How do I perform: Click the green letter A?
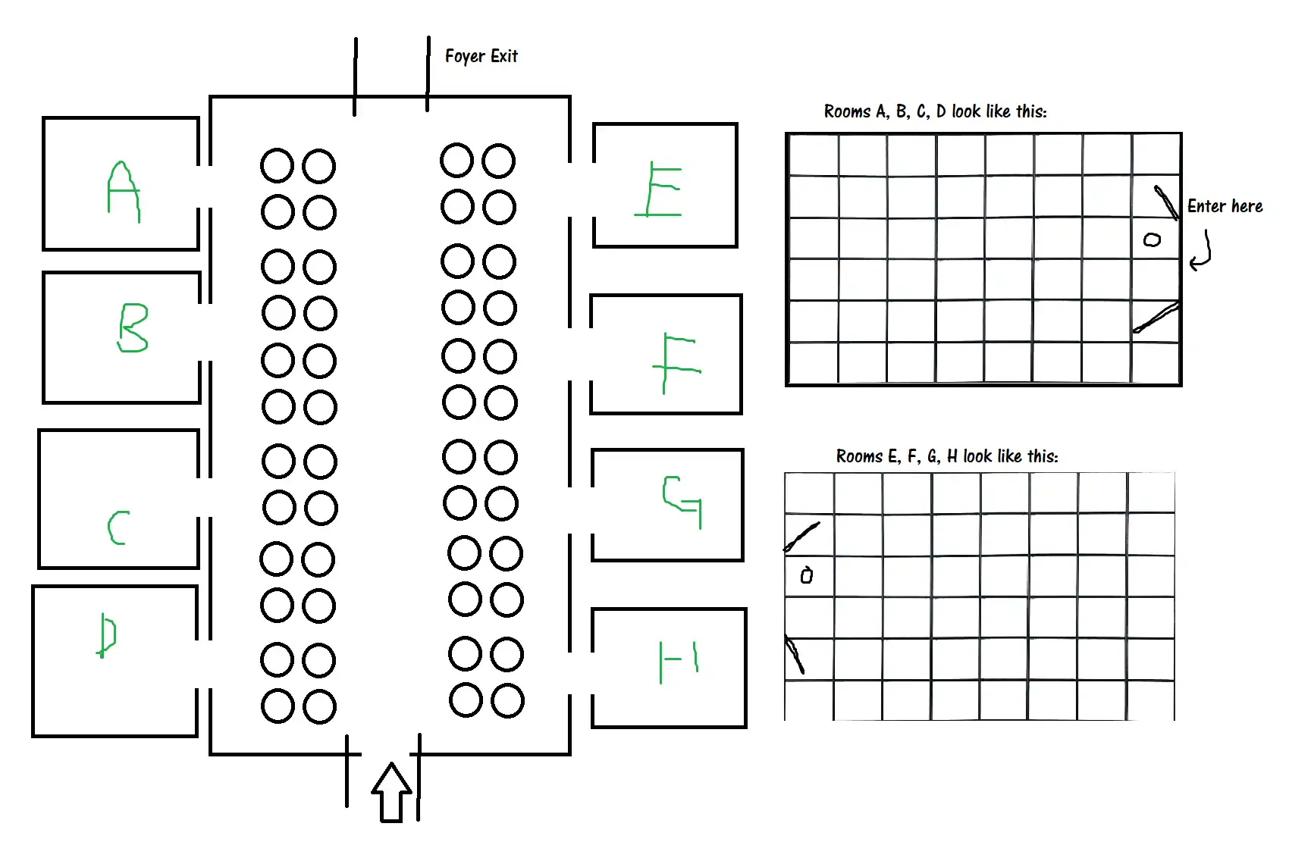123,191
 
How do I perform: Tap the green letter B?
133,328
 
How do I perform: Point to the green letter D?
107,635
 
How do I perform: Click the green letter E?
660,189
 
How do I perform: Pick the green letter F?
675,362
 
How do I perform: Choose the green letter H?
679,661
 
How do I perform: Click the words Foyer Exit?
481,56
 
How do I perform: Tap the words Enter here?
1225,206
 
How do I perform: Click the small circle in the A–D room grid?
1152,240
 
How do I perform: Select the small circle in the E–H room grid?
807,575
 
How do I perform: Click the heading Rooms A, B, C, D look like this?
935,111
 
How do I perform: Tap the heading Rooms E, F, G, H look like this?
946,456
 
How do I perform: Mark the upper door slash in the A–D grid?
1166,202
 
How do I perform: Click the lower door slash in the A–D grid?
1156,318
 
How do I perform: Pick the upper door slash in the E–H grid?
801,536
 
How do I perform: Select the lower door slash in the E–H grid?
794,655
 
